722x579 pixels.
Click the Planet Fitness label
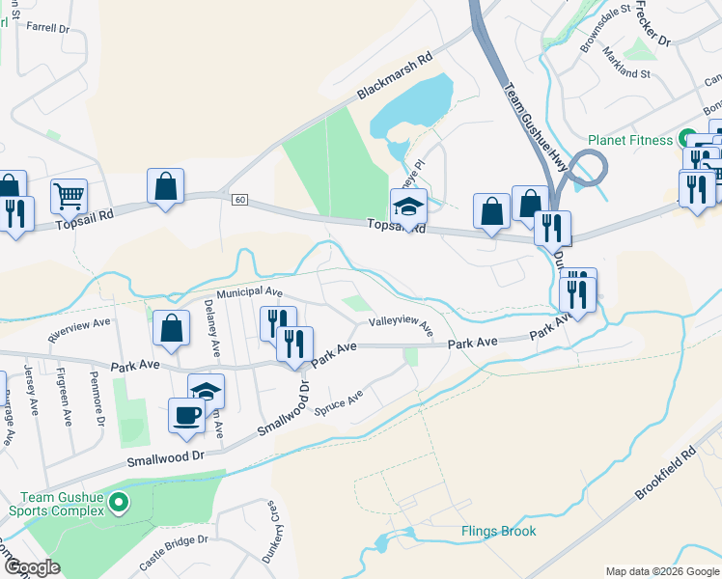pyautogui.click(x=631, y=140)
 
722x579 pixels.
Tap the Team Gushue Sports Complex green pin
pyautogui.click(x=119, y=501)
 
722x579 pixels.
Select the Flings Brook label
pyautogui.click(x=498, y=532)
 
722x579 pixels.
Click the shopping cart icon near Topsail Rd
pyautogui.click(x=69, y=197)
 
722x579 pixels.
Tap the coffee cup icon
pyautogui.click(x=187, y=416)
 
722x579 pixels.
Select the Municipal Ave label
pyautogui.click(x=249, y=291)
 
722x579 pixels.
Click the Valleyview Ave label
pyautogui.click(x=402, y=326)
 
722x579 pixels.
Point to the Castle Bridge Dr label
pyautogui.click(x=175, y=551)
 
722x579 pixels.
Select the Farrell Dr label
pyautogui.click(x=50, y=29)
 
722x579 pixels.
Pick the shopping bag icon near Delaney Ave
pyautogui.click(x=171, y=328)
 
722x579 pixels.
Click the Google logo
pyautogui.click(x=32, y=568)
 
